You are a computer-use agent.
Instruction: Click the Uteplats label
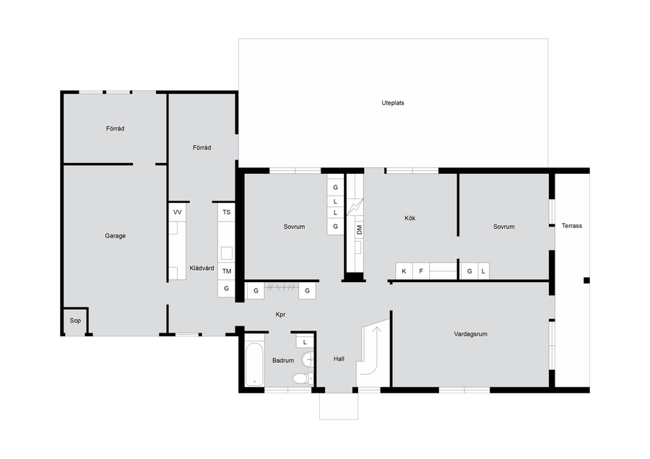(x=393, y=102)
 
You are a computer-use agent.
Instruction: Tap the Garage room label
(x=116, y=236)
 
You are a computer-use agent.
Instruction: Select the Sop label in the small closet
(x=75, y=320)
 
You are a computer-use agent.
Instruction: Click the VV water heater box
(x=178, y=212)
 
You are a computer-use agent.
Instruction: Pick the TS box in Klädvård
(x=226, y=212)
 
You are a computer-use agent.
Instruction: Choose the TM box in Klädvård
(x=226, y=271)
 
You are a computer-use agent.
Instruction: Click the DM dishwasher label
(x=359, y=230)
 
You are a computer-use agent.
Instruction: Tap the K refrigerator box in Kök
(x=404, y=271)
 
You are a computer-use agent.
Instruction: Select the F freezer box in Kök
(x=421, y=271)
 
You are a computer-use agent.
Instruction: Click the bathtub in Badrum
(x=254, y=364)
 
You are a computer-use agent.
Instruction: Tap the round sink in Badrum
(x=308, y=359)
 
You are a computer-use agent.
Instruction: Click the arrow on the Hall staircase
(x=377, y=332)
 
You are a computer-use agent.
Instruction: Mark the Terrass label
(x=572, y=226)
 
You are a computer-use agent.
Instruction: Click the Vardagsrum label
(x=470, y=334)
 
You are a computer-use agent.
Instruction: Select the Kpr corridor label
(x=281, y=315)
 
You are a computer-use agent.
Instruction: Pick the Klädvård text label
(x=202, y=268)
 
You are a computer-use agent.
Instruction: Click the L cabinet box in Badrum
(x=305, y=342)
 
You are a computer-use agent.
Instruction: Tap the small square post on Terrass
(x=586, y=281)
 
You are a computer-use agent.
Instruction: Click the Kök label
(x=409, y=218)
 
